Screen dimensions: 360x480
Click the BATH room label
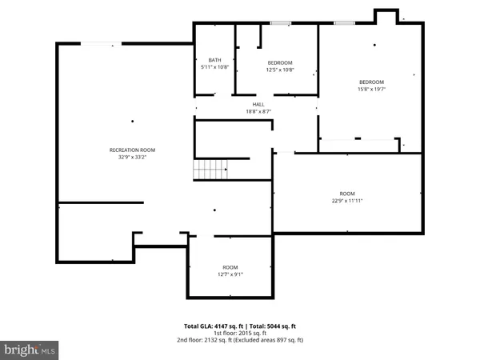214,60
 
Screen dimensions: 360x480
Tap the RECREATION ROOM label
132,150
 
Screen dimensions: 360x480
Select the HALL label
258,104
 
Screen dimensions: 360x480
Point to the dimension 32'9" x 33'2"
132,158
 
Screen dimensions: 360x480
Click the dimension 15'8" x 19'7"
371,90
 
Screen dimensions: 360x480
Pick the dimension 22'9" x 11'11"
347,200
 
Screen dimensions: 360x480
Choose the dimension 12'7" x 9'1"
230,274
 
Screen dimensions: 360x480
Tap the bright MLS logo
30,350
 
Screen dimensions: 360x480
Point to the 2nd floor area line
240,341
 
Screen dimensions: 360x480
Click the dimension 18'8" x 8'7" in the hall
258,111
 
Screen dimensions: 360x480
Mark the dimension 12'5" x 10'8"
280,70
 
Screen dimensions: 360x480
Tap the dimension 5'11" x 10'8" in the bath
214,67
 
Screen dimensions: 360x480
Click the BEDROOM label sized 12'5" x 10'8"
280,62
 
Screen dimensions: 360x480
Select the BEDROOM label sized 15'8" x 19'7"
371,82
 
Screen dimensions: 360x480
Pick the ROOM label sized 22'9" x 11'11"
347,193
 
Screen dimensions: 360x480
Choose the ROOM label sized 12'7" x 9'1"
230,267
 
